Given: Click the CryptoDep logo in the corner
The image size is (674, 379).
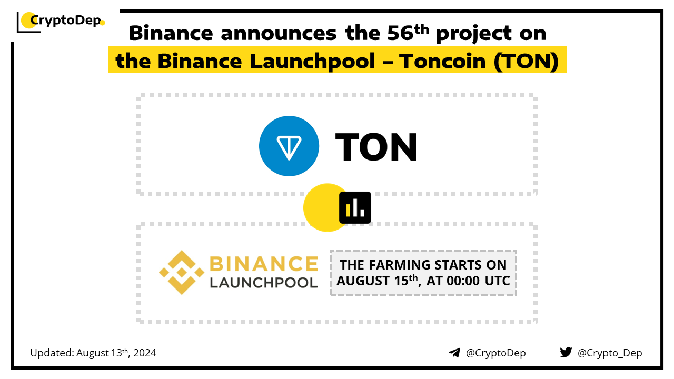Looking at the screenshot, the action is point(61,22).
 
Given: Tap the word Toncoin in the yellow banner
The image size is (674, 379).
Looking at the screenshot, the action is point(442,61).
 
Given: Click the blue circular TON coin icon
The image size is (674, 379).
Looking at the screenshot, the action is point(289,146).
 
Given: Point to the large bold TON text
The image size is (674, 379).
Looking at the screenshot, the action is point(376,147).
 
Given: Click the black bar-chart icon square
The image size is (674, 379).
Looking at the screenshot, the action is point(355,207).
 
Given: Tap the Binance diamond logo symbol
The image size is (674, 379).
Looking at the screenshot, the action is point(182,273).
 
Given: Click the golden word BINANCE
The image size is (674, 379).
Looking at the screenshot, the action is point(264,264).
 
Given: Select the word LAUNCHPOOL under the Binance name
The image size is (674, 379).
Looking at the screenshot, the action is point(264,283).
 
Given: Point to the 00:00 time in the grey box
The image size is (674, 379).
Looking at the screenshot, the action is point(463,281).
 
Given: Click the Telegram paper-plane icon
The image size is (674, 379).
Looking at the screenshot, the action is point(454,353).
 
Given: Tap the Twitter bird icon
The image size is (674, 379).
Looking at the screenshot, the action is point(566,352).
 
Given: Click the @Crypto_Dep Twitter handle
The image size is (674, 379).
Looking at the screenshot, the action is point(610,353).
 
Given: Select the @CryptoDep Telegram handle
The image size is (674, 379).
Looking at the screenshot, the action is point(495,353).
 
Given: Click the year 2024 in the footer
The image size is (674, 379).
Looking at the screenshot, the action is point(145,353).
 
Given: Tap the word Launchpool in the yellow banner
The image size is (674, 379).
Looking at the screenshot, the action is point(312,62).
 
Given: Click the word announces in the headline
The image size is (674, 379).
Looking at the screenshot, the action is point(279,33).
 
